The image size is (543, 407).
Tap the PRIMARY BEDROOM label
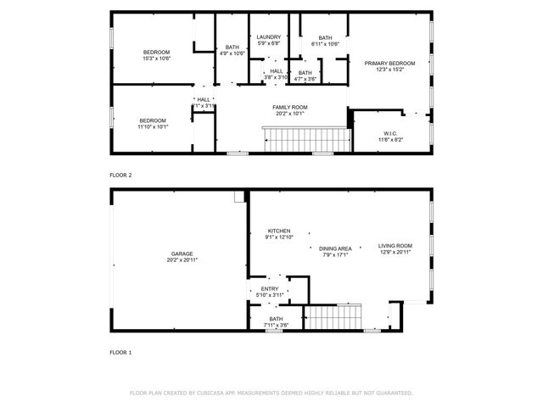tap(389, 64)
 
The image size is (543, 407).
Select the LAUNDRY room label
tap(269, 37)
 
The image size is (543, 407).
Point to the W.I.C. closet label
tap(390, 133)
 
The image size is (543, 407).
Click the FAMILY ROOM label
tap(289, 107)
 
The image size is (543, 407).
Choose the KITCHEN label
tap(279, 231)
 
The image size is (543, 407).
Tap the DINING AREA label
tap(335, 248)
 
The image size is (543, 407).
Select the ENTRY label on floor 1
tap(270, 289)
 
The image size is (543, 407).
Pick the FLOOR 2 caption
tap(120, 175)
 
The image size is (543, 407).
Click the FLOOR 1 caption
tap(120, 351)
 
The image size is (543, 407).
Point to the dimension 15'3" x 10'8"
tap(156, 59)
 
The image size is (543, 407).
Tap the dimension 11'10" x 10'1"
tap(154, 126)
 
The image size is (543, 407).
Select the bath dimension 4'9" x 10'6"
tap(232, 53)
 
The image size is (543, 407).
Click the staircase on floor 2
tap(305, 137)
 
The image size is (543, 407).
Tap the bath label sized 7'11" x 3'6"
tap(277, 319)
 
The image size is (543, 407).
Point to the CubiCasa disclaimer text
tap(271, 393)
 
